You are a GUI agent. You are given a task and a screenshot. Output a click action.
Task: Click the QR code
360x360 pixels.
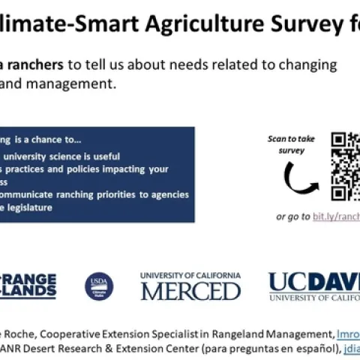[x=345, y=166]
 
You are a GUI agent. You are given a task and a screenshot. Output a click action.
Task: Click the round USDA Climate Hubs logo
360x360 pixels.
[x=99, y=286]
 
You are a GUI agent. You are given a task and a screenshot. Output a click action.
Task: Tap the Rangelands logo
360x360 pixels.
[x=28, y=286]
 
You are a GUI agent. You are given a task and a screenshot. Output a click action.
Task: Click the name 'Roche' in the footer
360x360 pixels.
[x=19, y=334]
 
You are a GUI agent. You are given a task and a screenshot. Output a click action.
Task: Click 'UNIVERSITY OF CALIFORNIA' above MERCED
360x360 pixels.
[x=190, y=275]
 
